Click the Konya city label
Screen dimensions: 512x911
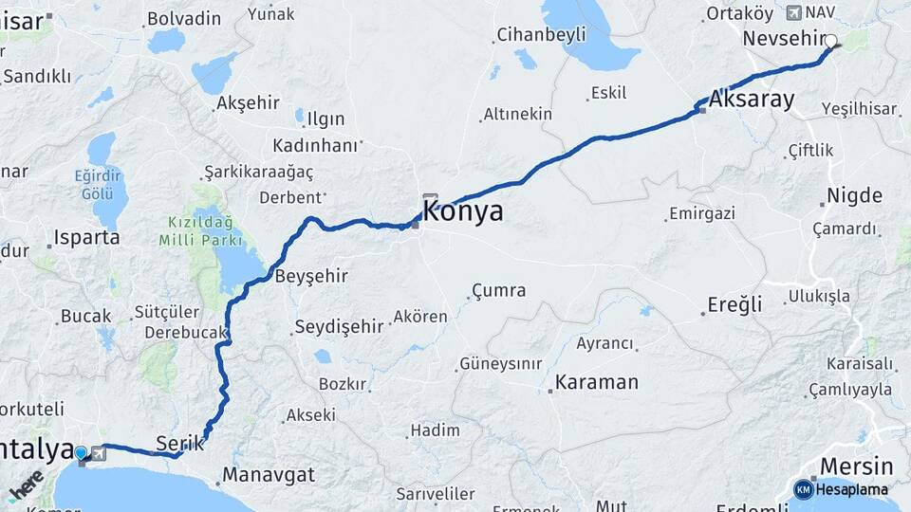tap(462, 211)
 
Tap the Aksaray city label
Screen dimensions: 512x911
tap(752, 99)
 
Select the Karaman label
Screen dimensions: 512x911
tap(596, 382)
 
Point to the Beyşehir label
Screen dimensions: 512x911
tap(310, 276)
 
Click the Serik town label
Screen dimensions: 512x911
tap(179, 443)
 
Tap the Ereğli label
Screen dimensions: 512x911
tap(734, 304)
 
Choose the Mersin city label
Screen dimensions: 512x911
tap(856, 466)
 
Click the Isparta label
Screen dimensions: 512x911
tap(87, 237)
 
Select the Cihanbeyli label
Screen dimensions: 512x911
tap(541, 35)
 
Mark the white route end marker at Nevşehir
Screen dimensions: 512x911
tap(831, 41)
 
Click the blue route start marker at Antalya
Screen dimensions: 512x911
tap(81, 453)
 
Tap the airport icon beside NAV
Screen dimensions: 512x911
tap(794, 12)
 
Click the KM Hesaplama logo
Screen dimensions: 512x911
tap(841, 489)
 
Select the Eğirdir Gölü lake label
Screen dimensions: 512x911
tap(98, 184)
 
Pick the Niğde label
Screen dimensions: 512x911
tap(854, 196)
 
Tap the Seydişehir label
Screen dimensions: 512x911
tap(339, 326)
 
